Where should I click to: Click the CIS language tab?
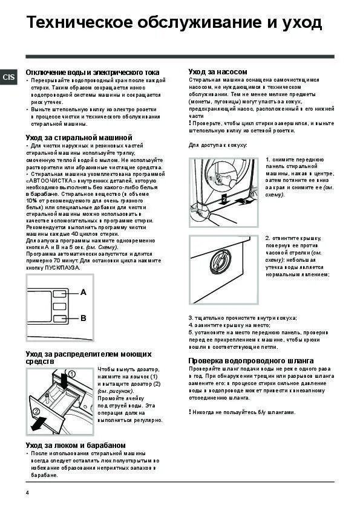tap(9, 77)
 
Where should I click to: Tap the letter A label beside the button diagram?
tap(83, 293)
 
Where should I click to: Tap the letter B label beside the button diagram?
tap(83, 318)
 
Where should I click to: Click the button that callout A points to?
tap(58, 294)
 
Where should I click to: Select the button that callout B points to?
tap(58, 319)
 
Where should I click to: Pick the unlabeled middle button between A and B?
tap(58, 306)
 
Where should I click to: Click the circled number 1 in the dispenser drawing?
tap(72, 374)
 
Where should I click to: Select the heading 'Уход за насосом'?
tap(217, 71)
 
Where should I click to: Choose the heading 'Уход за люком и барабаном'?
tap(76, 445)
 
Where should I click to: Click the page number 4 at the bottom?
tap(27, 493)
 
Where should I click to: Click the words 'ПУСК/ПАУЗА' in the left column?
tap(61, 267)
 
